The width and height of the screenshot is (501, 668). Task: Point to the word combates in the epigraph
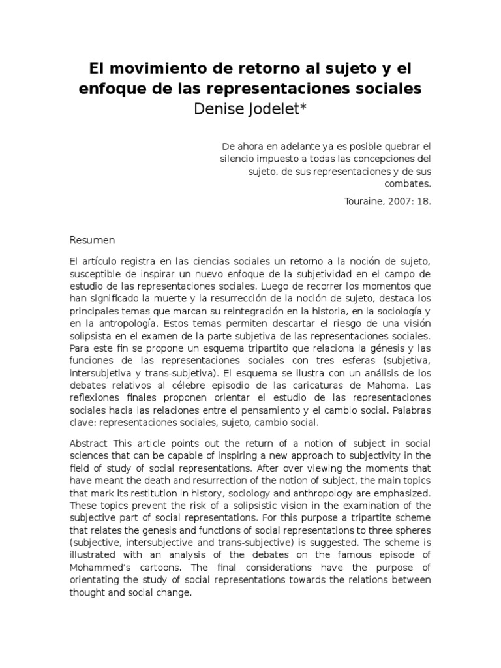click(x=410, y=183)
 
